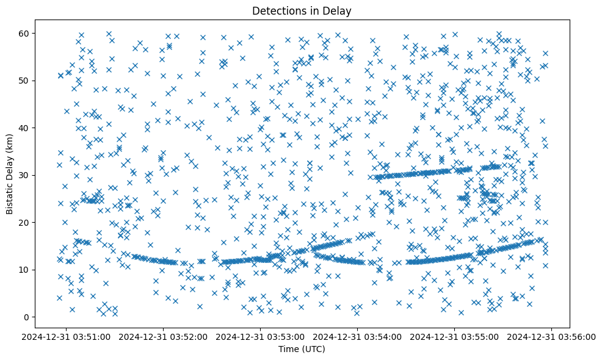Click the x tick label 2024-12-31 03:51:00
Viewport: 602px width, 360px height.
click(x=67, y=336)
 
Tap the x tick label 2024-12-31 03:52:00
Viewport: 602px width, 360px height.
click(x=164, y=336)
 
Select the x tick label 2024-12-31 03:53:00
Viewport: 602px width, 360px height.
click(x=261, y=336)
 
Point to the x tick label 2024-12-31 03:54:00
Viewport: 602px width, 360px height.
click(x=358, y=336)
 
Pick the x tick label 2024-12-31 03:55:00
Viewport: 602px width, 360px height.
click(x=455, y=336)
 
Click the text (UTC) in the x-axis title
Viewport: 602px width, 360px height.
click(x=315, y=349)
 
